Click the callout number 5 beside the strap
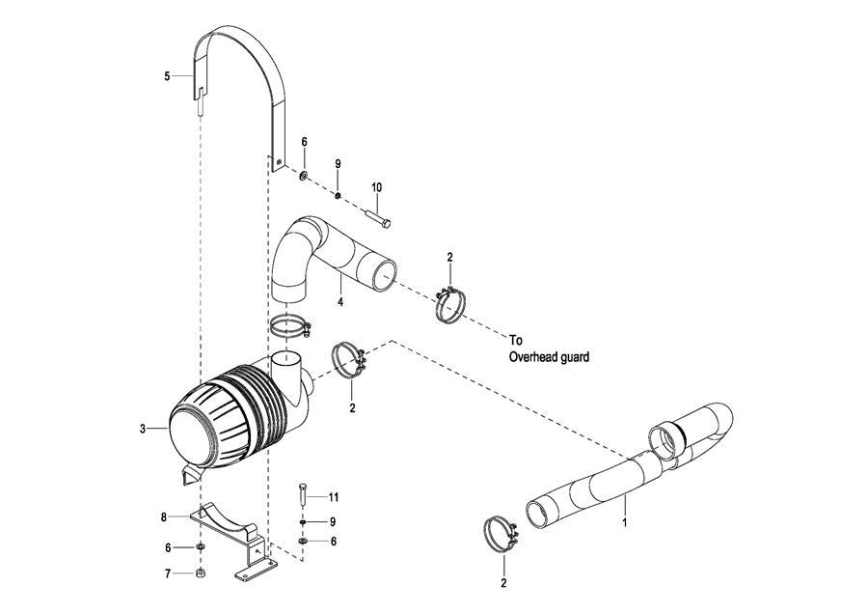tap(167, 76)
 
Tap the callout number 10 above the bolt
tap(376, 188)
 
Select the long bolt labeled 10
tap(379, 216)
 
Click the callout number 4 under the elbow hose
tap(340, 302)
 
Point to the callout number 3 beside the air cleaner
tap(143, 429)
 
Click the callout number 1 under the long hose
tap(625, 522)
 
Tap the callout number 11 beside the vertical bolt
tap(333, 497)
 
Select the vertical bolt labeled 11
tap(303, 493)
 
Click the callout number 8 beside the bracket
tap(164, 517)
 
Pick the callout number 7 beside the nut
tap(168, 574)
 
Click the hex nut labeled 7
tap(202, 573)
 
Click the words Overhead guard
tap(549, 357)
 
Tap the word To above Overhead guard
tap(516, 340)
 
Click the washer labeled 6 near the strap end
tap(304, 177)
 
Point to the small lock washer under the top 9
tap(338, 196)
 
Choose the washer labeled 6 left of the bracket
tap(201, 547)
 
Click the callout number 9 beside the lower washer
tap(333, 522)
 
